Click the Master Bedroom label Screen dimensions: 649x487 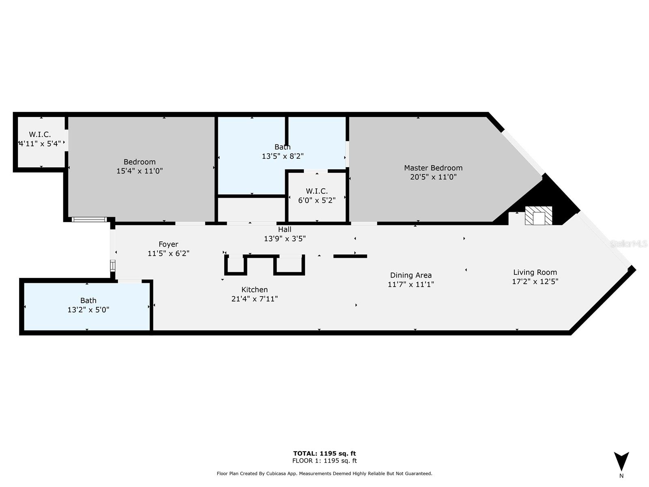(x=433, y=168)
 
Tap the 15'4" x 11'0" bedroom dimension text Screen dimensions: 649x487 (x=140, y=171)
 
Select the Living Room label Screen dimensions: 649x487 (x=535, y=272)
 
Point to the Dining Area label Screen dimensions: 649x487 (x=410, y=275)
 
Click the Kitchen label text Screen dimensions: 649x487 (x=254, y=290)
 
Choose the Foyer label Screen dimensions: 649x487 (x=168, y=244)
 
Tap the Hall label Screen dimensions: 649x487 (x=284, y=229)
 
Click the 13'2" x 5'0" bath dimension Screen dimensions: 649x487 (x=88, y=310)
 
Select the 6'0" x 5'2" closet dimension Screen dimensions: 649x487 (x=317, y=200)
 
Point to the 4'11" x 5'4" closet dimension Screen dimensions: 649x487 (x=40, y=144)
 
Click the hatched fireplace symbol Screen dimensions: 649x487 (x=538, y=215)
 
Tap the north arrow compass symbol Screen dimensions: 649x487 (x=621, y=461)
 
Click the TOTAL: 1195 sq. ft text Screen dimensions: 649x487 (x=324, y=453)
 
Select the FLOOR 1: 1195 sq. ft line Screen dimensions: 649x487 (x=324, y=461)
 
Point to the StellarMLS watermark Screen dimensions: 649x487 (x=628, y=244)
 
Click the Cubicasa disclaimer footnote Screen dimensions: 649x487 (x=324, y=473)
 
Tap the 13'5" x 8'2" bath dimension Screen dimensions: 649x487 (x=283, y=156)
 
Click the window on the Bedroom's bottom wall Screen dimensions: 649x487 (x=89, y=220)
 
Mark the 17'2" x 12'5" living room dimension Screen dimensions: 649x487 (x=535, y=282)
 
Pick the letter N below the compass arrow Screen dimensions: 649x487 (x=621, y=476)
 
